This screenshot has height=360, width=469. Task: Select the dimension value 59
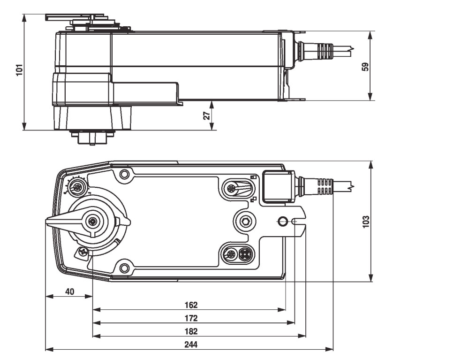366,66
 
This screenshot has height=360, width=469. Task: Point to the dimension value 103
366,221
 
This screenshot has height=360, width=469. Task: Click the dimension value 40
69,291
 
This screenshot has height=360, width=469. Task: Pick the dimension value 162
191,305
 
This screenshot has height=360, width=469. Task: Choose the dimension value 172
191,318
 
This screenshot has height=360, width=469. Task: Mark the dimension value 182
191,331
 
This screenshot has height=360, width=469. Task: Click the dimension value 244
191,344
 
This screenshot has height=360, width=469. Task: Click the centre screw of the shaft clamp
94,221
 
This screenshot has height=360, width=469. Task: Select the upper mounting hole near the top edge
124,175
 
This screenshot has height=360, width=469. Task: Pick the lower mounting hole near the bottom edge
124,268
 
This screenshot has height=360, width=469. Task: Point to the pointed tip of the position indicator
48,222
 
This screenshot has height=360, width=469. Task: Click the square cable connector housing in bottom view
277,186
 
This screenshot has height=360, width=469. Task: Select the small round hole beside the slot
282,221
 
